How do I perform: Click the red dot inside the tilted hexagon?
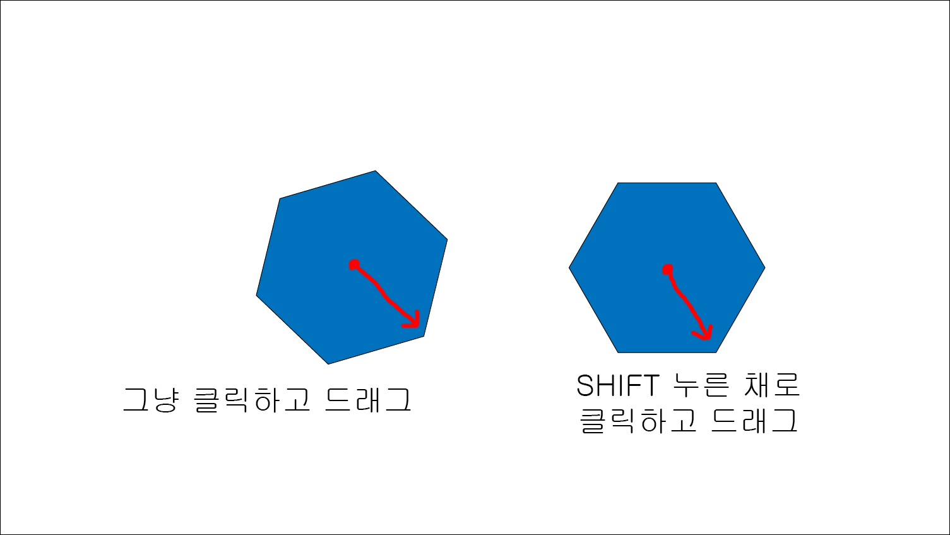(354, 264)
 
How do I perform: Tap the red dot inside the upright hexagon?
(667, 270)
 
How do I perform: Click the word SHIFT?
(617, 385)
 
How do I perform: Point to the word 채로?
(771, 385)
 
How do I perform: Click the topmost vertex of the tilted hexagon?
(376, 171)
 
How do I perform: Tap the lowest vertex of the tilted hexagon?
(328, 364)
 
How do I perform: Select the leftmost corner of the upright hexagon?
(569, 268)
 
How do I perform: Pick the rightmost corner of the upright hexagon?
(765, 268)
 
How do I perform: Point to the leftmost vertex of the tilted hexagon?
(256, 295)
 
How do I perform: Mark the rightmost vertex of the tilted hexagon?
(448, 239)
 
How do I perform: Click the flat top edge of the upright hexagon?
(667, 183)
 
